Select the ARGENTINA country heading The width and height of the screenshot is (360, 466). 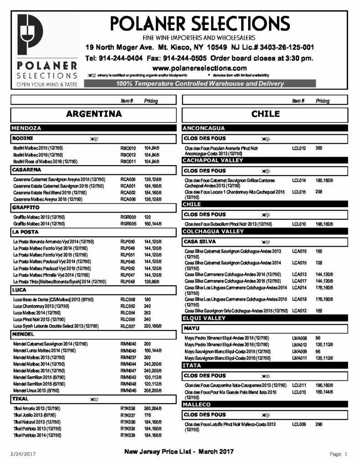[94, 114]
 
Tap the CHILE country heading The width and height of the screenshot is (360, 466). [265, 114]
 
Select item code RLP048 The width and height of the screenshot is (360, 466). [128, 282]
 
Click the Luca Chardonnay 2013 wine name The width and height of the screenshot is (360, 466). [41, 306]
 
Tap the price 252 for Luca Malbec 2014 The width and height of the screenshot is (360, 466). [147, 313]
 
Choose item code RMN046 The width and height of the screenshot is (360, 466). [128, 390]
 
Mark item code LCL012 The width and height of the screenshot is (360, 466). [299, 148]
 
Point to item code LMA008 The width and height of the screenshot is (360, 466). [299, 338]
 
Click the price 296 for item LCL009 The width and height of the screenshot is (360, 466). [319, 425]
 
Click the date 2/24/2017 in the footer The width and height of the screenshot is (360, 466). [23, 454]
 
